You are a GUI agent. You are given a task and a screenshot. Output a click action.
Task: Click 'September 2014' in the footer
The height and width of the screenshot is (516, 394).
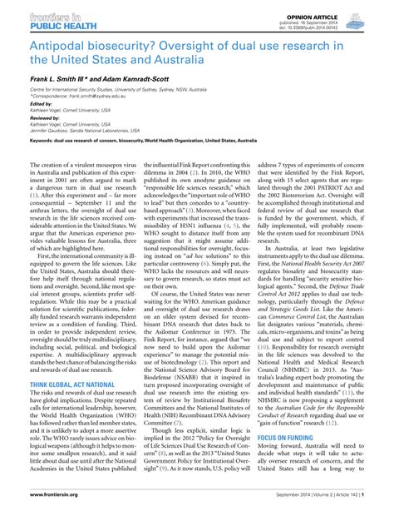click(x=283, y=507)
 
